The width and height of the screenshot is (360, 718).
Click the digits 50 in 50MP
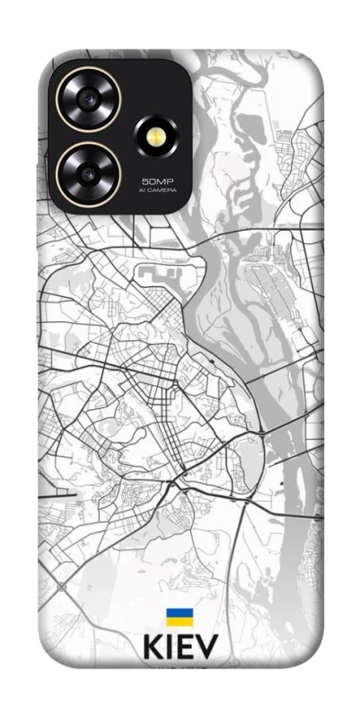[x=147, y=181]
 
